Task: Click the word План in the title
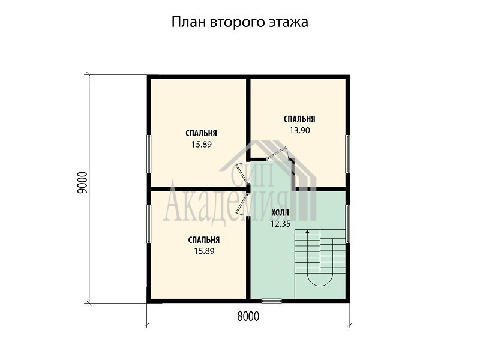point(188,22)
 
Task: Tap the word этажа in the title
point(289,23)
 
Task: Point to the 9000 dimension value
point(83,182)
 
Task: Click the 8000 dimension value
point(248,317)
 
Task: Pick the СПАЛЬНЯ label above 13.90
point(299,119)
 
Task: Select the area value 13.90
point(299,130)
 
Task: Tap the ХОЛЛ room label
point(280,213)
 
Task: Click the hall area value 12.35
point(280,224)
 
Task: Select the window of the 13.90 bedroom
point(347,154)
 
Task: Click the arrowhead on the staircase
point(307,231)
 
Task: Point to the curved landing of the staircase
point(320,280)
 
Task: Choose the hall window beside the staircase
point(347,224)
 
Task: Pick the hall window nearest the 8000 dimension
point(272,301)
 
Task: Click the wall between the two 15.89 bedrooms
point(199,189)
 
